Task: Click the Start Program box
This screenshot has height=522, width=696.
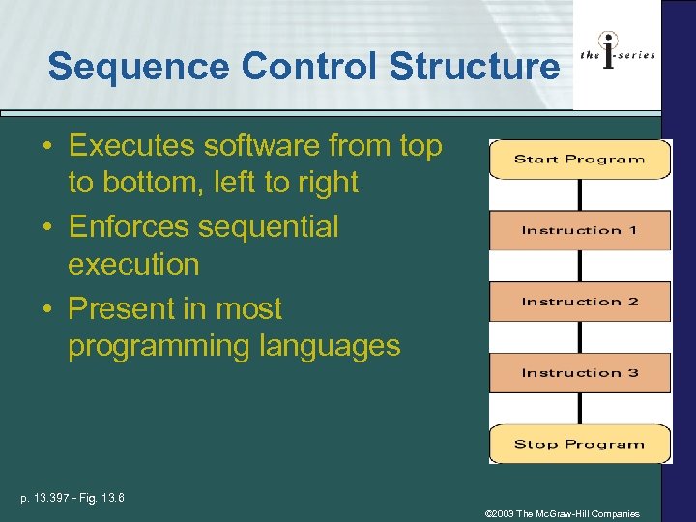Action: [x=579, y=159]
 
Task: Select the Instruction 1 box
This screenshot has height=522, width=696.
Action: [x=579, y=230]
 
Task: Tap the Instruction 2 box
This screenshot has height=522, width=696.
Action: [x=579, y=302]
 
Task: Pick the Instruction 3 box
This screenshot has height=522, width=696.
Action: [x=579, y=373]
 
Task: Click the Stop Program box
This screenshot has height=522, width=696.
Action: [x=579, y=444]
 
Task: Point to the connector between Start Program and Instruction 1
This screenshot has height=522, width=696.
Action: [x=579, y=194]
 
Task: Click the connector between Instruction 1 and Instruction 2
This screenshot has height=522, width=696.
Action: [x=579, y=266]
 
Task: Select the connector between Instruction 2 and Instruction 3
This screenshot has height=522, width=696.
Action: [x=579, y=337]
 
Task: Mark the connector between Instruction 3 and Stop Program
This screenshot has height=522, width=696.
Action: [x=579, y=408]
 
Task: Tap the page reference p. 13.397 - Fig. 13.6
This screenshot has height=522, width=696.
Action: [x=72, y=498]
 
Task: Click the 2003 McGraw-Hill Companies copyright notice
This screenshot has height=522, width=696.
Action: [x=562, y=514]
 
